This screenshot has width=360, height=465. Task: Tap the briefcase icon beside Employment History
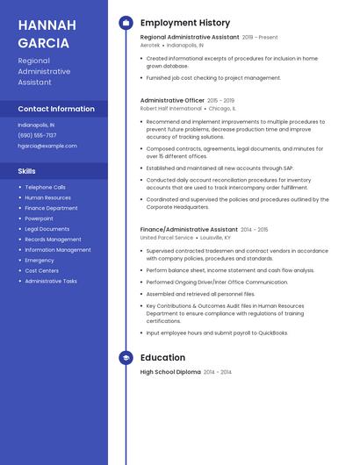point(126,23)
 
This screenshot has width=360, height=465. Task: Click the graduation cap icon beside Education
point(126,358)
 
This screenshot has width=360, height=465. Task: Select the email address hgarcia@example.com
point(47,146)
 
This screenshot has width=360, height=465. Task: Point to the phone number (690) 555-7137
point(37,135)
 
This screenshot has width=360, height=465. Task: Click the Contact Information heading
point(56,109)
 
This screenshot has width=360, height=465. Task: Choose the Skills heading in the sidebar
point(27,171)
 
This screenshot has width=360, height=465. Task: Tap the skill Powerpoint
point(39,218)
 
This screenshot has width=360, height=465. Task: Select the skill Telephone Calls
point(45,187)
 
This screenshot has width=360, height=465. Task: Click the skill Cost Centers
point(41,270)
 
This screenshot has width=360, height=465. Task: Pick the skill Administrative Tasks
point(51,281)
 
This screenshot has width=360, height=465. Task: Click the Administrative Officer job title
point(172,101)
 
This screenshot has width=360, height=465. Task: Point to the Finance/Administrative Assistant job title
point(189,229)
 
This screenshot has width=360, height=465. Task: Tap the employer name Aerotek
point(150,45)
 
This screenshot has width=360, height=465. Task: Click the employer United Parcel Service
point(167,237)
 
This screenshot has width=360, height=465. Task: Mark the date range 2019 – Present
point(260,38)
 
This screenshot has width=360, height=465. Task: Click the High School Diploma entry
point(170,372)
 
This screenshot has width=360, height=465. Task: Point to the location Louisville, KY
point(216,237)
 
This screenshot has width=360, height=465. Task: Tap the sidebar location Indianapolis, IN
point(36,125)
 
